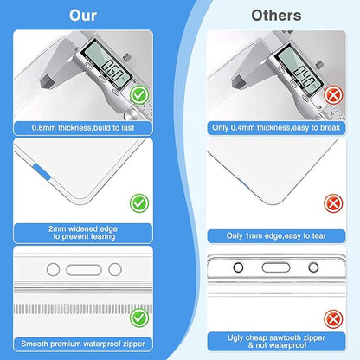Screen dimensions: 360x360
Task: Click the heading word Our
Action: [83, 16]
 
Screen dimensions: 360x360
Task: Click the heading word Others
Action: [276, 16]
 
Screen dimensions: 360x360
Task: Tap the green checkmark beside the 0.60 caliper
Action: [139, 95]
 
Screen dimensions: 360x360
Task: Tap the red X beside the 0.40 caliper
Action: [333, 95]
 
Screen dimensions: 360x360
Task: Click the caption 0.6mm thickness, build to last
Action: [83, 128]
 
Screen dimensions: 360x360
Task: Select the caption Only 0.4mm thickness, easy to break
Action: [276, 128]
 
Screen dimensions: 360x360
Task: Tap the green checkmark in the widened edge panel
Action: [139, 203]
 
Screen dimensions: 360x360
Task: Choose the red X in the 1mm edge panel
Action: [333, 203]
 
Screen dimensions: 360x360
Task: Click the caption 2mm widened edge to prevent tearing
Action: [83, 233]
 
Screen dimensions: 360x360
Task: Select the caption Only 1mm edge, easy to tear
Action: [276, 236]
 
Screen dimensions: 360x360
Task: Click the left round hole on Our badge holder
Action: [53, 270]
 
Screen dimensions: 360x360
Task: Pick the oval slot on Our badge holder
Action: [84, 270]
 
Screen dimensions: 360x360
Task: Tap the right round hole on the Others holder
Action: [313, 267]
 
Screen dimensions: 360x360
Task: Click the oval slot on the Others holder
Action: [276, 267]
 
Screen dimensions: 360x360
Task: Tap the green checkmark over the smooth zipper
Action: [139, 318]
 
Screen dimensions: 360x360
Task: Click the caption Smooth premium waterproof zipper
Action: [83, 344]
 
